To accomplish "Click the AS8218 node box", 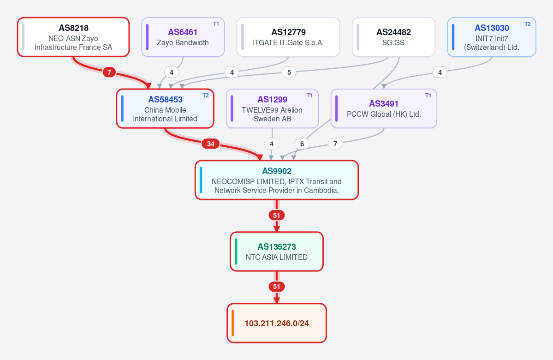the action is point(73,37).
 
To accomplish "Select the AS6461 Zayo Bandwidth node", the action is point(183,37).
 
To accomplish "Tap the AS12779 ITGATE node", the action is point(288,37).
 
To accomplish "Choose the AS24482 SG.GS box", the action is point(393,37).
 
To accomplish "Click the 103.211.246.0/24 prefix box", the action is point(277,323).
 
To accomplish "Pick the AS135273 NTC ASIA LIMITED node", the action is point(277,252).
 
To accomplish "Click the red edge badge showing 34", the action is point(211,144).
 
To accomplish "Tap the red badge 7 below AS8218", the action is point(109,72).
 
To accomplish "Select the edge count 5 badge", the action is point(289,72).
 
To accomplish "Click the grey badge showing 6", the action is point(302,144).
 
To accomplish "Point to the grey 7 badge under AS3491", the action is point(335,144).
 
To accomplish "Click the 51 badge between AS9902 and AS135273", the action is point(277,215).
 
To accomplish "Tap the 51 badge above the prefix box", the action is point(277,287).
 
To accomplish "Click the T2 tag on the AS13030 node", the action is point(528,24).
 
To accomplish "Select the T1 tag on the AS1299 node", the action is point(309,95).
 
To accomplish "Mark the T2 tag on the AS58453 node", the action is point(206,95).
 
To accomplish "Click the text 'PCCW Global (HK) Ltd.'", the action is point(384,114).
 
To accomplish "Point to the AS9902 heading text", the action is point(277,171).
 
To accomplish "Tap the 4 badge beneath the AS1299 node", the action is point(272,144).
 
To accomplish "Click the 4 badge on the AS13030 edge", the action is point(440,72).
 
